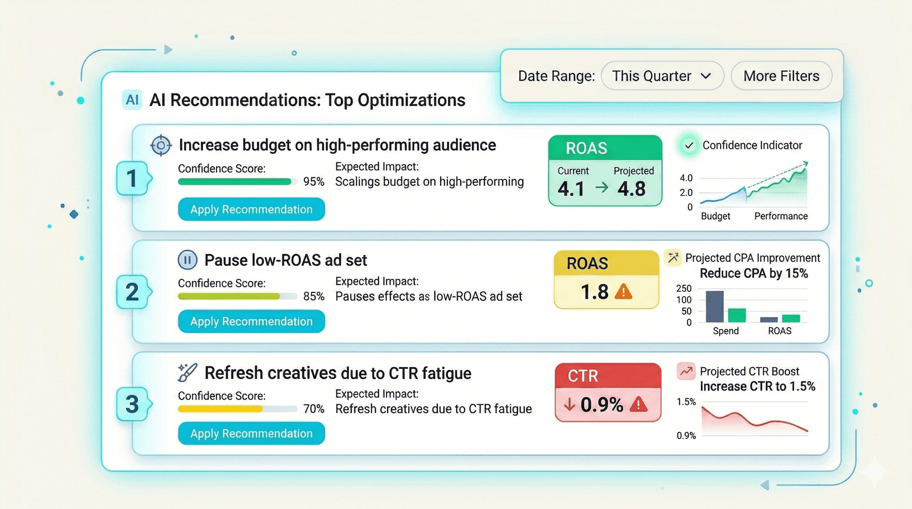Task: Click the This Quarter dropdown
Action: [x=662, y=76]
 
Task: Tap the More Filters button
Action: [x=781, y=76]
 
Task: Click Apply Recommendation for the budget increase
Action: [x=251, y=209]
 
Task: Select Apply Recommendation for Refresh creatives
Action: [x=251, y=434]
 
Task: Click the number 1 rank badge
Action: [x=132, y=178]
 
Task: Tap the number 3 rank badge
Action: [x=132, y=405]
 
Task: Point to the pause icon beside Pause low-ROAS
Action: [x=188, y=260]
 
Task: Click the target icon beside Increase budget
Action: [x=161, y=145]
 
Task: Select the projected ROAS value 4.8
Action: [x=632, y=189]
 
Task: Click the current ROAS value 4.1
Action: [x=571, y=189]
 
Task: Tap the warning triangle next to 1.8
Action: [x=624, y=292]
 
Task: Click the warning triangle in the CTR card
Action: [x=638, y=405]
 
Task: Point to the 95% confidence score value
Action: [x=313, y=182]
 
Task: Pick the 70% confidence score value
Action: [x=313, y=409]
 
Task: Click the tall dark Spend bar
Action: [x=715, y=307]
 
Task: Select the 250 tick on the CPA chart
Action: [x=683, y=288]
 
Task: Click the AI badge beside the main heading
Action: [x=132, y=100]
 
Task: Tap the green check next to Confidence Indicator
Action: [x=689, y=145]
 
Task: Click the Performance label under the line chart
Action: [x=781, y=216]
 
